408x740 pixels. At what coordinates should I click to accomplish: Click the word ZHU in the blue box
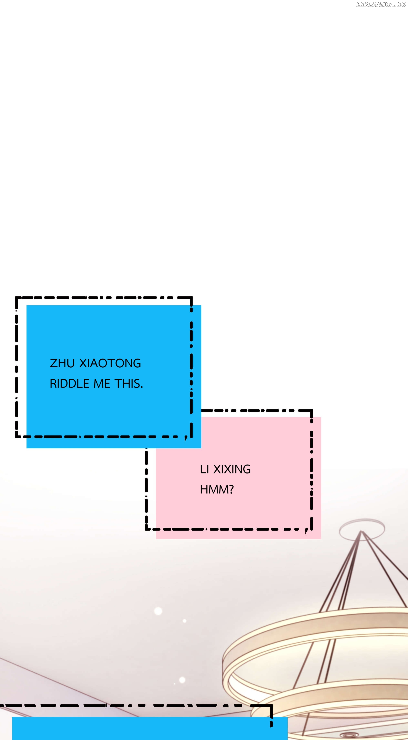pyautogui.click(x=62, y=363)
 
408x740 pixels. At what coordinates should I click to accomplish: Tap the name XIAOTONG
pyautogui.click(x=110, y=363)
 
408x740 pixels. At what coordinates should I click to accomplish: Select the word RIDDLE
pyautogui.click(x=70, y=384)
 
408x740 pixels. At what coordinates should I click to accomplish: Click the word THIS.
pyautogui.click(x=129, y=384)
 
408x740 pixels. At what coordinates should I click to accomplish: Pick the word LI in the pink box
pyautogui.click(x=204, y=469)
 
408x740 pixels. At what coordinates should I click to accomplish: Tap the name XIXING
pyautogui.click(x=232, y=469)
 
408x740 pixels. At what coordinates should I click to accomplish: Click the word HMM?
pyautogui.click(x=217, y=490)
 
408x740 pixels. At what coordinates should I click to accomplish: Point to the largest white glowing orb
pyautogui.click(x=158, y=611)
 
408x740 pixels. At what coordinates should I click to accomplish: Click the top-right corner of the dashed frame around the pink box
pyautogui.click(x=311, y=411)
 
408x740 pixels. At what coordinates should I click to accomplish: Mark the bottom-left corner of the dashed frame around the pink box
pyautogui.click(x=147, y=529)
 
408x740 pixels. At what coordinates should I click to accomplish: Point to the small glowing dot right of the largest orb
pyautogui.click(x=185, y=621)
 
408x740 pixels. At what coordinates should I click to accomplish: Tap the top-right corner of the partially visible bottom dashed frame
pyautogui.click(x=271, y=706)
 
